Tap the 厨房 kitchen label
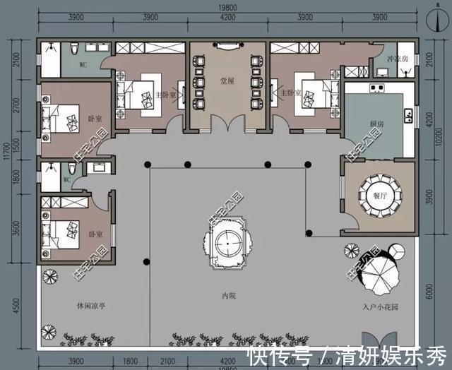(x=376, y=124)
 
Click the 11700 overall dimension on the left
(x=6, y=152)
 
